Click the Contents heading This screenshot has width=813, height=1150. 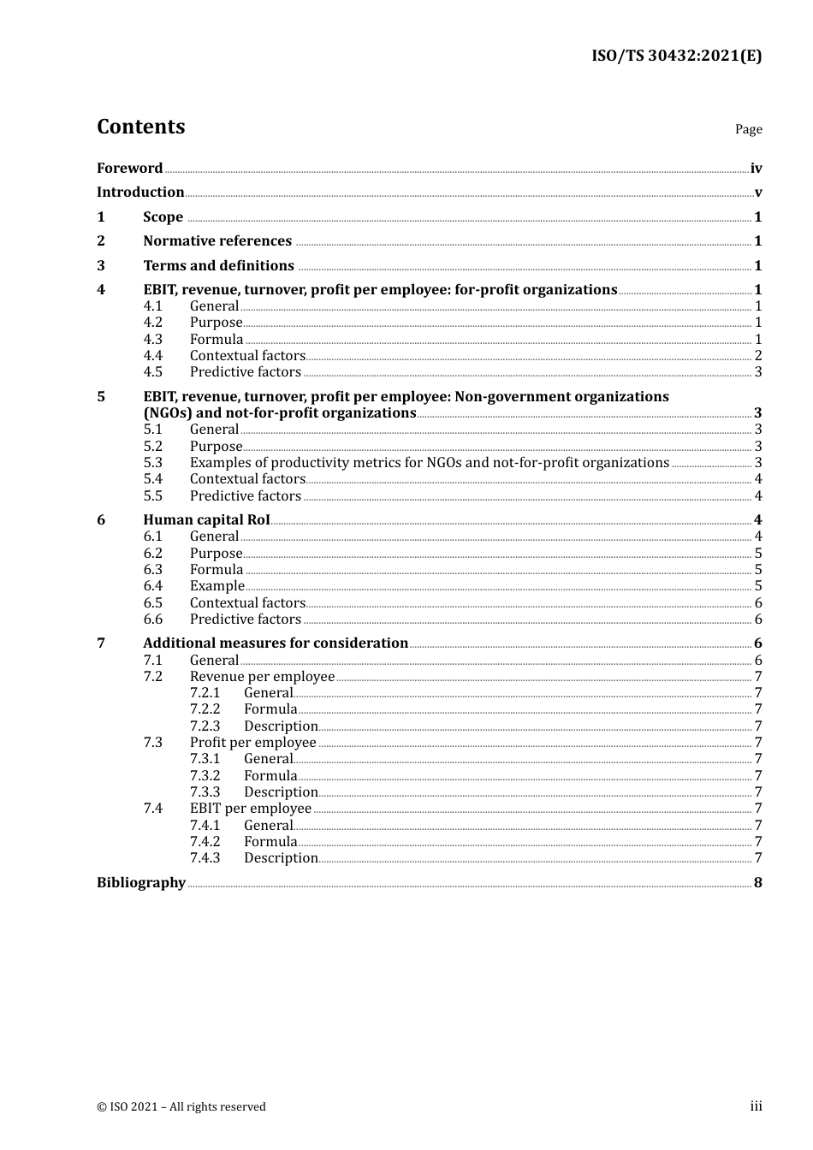pos(140,127)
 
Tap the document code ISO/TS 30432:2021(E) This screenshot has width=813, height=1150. pos(676,56)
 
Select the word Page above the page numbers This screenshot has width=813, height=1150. pos(748,129)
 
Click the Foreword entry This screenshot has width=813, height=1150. pos(129,169)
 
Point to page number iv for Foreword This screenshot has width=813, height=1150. pos(756,169)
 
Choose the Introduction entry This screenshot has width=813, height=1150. pos(140,193)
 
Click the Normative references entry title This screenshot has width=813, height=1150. pos(217,241)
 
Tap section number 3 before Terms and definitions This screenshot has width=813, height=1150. pos(101,266)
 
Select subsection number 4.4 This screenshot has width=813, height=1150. pos(153,356)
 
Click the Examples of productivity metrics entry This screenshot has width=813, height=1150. pos(429,463)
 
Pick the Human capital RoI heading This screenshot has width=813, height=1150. pos(206,520)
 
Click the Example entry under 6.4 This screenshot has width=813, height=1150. pos(217,586)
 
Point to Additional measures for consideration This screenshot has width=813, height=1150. pos(276,643)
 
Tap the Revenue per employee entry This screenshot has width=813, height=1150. pos(262,677)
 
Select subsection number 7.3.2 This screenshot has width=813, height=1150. pos(205,776)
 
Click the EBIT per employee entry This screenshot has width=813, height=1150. pos(251,809)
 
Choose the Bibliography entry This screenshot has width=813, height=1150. pos(141,883)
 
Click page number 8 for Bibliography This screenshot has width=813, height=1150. pos(757,883)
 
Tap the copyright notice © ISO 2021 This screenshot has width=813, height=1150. pos(181,1107)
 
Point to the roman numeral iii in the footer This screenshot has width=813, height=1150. pos(756,1106)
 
